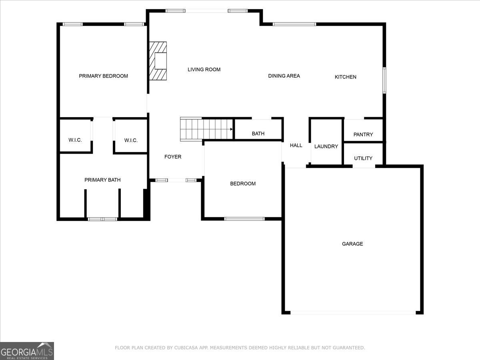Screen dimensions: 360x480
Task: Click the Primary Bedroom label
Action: pos(103,76)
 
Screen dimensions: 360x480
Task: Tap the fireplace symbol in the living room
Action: pos(158,61)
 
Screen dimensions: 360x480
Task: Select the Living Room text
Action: pos(204,70)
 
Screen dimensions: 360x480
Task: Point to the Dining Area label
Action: pos(284,76)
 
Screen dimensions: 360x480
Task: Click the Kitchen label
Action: pos(345,77)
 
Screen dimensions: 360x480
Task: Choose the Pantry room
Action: pos(363,134)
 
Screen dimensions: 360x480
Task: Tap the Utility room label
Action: pos(363,158)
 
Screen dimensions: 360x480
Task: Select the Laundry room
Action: pos(326,146)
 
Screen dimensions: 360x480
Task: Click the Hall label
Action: pos(296,145)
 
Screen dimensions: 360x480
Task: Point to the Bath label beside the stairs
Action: pos(258,134)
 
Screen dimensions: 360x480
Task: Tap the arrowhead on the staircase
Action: pos(231,129)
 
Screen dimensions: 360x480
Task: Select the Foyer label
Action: pos(173,157)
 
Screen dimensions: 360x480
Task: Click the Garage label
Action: pos(352,244)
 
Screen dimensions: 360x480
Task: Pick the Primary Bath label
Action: pos(102,180)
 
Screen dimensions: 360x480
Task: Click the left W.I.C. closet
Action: pos(75,140)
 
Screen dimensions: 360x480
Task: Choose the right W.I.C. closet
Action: pos(131,140)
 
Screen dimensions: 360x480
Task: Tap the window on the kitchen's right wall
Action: pos(384,80)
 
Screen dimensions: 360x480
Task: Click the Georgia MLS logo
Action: pos(27,351)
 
